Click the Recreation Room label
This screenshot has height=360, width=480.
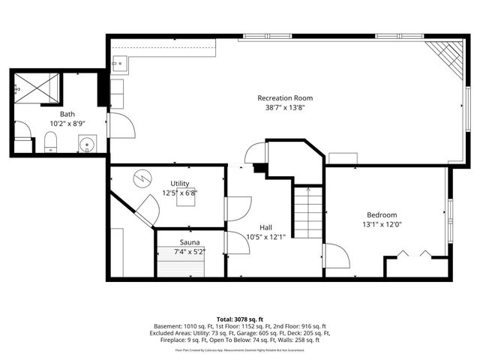pos(284,98)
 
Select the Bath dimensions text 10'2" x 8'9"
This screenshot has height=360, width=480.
pos(67,123)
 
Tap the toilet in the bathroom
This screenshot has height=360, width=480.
pos(51,142)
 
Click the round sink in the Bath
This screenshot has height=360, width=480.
pos(87,143)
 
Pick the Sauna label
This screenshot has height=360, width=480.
pos(189,242)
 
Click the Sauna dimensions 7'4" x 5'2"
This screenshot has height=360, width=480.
pos(189,251)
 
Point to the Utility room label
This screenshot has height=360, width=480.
pos(179,183)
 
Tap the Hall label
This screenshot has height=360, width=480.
pos(266,227)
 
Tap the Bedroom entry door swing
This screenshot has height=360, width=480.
pos(336,257)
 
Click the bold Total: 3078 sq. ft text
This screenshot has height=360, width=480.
pos(239,319)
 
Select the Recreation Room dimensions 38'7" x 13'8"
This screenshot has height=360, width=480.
pos(284,107)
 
